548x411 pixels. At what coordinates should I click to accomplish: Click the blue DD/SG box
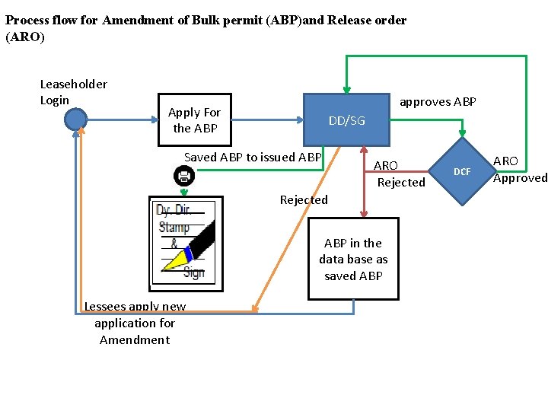pyautogui.click(x=346, y=119)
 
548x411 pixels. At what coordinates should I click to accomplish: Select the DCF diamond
pyautogui.click(x=463, y=172)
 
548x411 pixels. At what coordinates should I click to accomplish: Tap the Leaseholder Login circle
pyautogui.click(x=75, y=119)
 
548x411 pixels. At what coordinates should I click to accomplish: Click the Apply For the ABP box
pyautogui.click(x=195, y=120)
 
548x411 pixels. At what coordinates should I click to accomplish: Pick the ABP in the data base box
pyautogui.click(x=353, y=260)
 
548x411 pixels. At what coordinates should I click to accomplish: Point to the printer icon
pyautogui.click(x=184, y=177)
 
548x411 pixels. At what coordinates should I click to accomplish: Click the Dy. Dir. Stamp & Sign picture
pyautogui.click(x=186, y=241)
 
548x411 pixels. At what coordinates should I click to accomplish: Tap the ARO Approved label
pyautogui.click(x=520, y=169)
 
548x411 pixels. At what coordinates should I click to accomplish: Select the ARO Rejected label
pyautogui.click(x=400, y=174)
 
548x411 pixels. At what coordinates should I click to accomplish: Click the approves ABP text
pyautogui.click(x=438, y=102)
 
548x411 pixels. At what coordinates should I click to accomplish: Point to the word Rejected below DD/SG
pyautogui.click(x=304, y=200)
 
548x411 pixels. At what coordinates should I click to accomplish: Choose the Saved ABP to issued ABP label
pyautogui.click(x=253, y=158)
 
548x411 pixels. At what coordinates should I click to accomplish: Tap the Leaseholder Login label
pyautogui.click(x=73, y=92)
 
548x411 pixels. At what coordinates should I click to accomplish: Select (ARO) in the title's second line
pyautogui.click(x=25, y=37)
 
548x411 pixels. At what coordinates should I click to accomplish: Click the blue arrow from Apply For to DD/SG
pyautogui.click(x=266, y=119)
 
